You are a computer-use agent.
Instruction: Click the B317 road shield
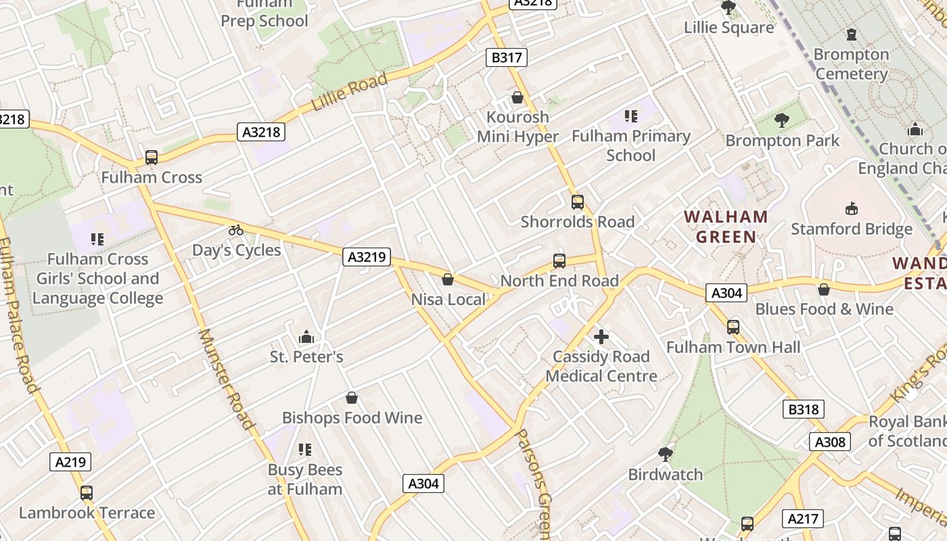tap(506, 57)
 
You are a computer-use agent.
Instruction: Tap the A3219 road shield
tap(367, 256)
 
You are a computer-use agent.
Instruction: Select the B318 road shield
tap(804, 409)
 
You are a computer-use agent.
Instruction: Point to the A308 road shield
tap(829, 442)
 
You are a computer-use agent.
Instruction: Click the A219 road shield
tap(70, 462)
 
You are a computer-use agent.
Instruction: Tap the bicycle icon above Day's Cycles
tap(236, 230)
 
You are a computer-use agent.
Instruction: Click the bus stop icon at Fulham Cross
tap(152, 158)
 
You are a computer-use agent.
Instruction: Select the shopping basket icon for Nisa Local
tap(448, 279)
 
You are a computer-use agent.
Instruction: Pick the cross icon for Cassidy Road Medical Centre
tap(601, 336)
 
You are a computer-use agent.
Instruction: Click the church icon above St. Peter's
tap(306, 336)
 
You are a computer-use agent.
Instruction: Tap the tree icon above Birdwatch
tap(666, 454)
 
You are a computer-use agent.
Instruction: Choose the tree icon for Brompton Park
tap(782, 120)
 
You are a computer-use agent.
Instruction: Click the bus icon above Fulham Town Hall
tap(733, 327)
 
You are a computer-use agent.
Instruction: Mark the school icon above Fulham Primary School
tap(631, 116)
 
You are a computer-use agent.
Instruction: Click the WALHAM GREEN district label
tap(726, 227)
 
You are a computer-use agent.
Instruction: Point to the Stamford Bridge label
tap(852, 229)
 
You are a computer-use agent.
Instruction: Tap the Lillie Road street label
tap(350, 93)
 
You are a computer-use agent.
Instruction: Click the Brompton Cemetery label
tap(851, 64)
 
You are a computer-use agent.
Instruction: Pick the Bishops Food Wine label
tap(352, 418)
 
